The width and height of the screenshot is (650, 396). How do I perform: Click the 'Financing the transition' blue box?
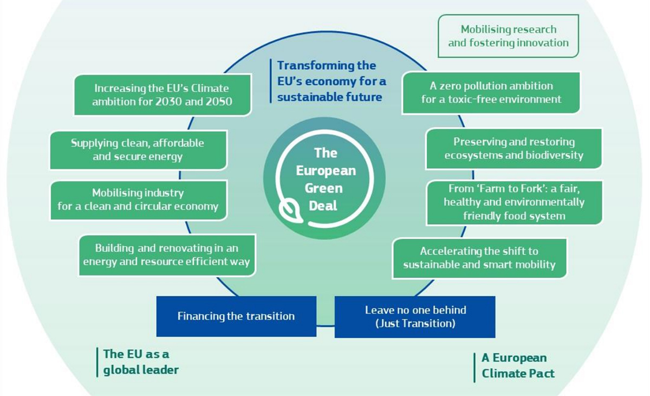[236, 316]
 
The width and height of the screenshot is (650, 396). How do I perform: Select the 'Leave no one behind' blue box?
[415, 317]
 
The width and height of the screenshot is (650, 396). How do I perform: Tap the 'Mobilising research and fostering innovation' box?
[508, 36]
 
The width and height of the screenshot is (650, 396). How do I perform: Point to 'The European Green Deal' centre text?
[325, 179]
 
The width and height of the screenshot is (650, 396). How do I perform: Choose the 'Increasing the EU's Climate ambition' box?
[162, 94]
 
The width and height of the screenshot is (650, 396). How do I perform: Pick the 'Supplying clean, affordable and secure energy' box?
[138, 150]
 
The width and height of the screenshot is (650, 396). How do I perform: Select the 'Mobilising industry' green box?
[138, 200]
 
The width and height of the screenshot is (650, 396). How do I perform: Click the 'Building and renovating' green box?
[166, 255]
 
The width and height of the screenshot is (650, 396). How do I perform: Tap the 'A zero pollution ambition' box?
[491, 93]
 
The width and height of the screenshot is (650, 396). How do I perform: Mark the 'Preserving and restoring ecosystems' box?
[513, 148]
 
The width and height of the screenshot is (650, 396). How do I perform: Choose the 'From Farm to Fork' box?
[514, 202]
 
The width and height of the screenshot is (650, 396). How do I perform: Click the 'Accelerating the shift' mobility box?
[479, 258]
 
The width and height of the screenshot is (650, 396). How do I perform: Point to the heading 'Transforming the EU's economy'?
[331, 81]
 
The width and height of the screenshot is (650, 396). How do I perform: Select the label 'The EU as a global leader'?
[140, 362]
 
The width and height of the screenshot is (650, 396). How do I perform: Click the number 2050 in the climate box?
[216, 101]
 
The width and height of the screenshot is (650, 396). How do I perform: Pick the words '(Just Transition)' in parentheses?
[415, 324]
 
